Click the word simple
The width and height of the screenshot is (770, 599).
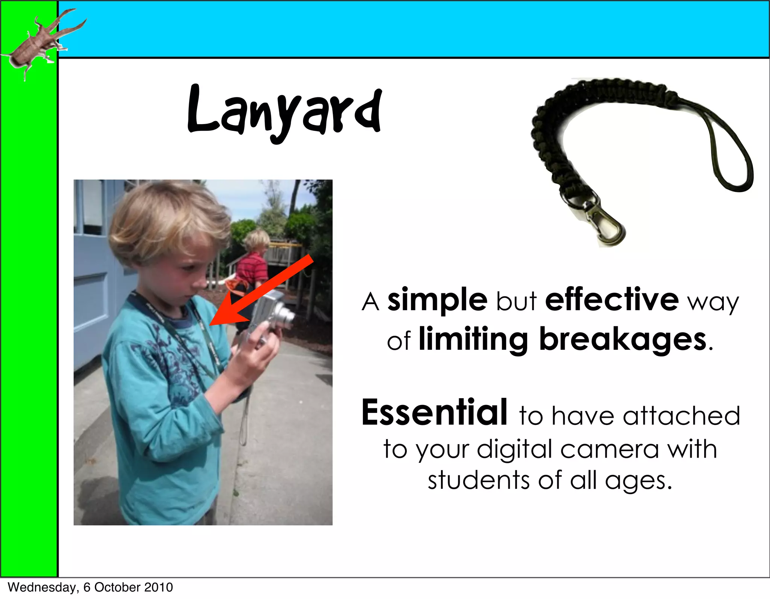437,300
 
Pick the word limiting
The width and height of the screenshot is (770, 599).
473,340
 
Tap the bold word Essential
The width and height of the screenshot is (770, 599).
434,413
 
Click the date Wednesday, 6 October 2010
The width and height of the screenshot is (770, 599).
90,587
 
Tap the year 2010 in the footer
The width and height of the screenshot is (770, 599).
159,587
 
